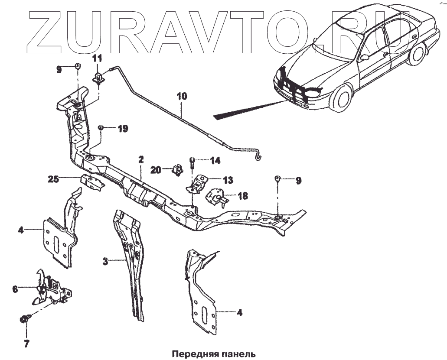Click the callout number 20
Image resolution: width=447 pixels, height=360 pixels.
click(156, 170)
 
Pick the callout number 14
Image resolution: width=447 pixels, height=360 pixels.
click(215, 161)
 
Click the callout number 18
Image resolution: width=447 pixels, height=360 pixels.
click(243, 196)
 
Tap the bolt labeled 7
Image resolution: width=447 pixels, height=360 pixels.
click(25, 319)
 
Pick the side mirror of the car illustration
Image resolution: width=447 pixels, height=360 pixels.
click(365, 56)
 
